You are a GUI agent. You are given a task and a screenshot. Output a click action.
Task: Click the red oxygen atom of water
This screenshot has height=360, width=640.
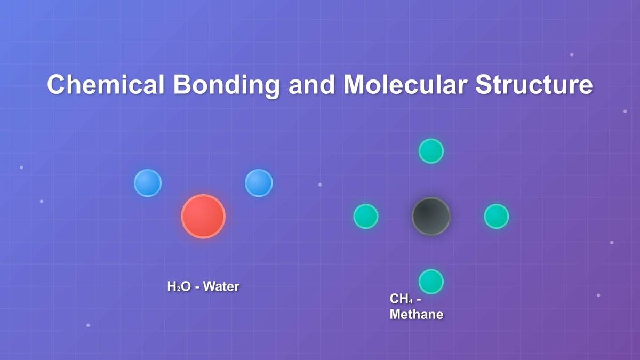pos(203,217)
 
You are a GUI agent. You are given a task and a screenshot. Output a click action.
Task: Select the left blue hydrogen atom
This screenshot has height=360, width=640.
pos(148,183)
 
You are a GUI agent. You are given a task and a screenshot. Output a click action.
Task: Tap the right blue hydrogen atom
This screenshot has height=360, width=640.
pos(259,183)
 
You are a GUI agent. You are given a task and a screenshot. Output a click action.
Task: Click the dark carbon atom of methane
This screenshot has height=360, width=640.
pos(431,217)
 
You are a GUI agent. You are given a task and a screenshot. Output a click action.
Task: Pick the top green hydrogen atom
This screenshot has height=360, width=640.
pos(431,151)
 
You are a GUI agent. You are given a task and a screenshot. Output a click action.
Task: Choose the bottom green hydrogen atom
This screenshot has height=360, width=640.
pos(431,282)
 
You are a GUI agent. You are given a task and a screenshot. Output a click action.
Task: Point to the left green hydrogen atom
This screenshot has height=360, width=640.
pos(366,217)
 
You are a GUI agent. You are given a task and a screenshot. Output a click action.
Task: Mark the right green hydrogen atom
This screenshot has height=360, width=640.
pos(496,217)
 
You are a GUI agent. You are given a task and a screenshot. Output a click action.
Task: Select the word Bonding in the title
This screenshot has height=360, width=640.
pos(227,85)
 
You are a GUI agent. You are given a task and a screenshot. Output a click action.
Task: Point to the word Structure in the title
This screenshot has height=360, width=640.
pos(534,85)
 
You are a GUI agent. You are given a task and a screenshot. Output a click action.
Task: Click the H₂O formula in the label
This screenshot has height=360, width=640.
pos(179,287)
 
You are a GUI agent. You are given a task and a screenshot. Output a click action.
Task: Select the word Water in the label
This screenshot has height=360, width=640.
pos(221,287)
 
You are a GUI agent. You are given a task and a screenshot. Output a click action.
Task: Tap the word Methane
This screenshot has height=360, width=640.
pos(416,315)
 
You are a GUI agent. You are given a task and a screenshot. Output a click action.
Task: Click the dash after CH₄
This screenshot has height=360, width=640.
pos(418,300)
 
